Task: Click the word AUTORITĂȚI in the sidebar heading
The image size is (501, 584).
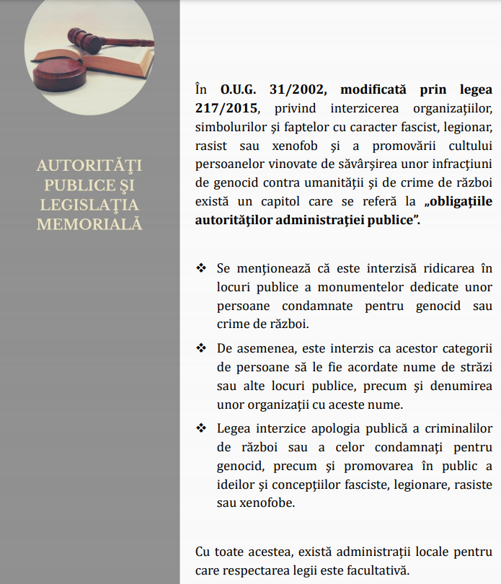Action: click(89, 166)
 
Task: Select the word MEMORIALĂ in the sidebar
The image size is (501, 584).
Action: click(89, 224)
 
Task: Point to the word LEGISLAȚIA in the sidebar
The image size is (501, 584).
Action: click(89, 205)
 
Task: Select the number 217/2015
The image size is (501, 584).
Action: click(224, 108)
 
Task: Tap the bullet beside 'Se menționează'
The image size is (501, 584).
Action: click(201, 268)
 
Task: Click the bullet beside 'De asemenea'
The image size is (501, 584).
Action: click(201, 348)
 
